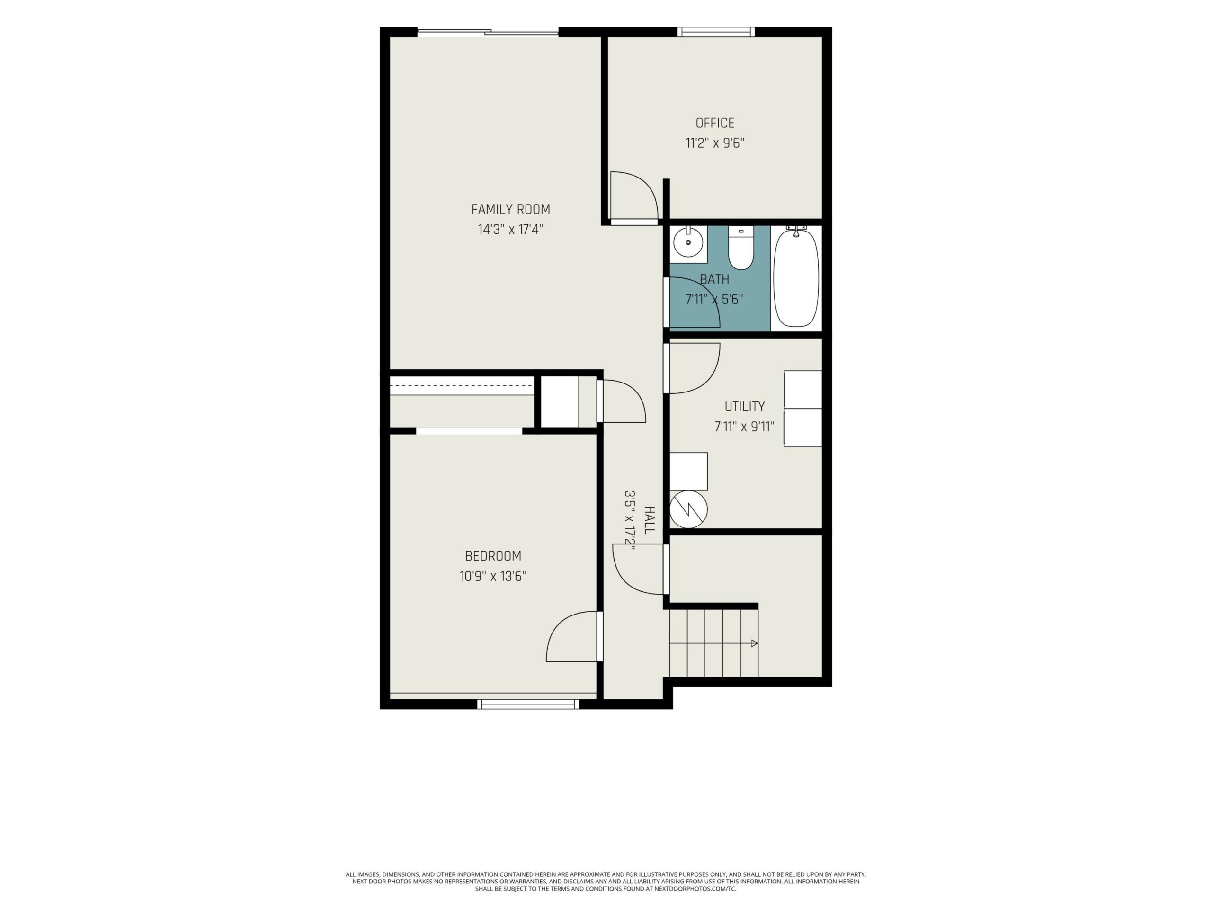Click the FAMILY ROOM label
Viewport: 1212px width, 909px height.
coord(511,209)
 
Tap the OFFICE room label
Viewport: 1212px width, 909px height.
coord(715,123)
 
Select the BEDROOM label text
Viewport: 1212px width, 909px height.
coord(493,556)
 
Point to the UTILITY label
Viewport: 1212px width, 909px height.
coord(745,407)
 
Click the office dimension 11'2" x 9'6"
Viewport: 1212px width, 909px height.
coord(715,143)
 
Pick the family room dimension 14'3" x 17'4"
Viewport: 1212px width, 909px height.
coord(511,229)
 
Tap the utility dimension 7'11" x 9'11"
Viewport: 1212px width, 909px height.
coord(745,426)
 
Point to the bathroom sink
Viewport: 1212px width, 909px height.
coord(688,241)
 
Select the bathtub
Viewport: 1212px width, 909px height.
coord(796,278)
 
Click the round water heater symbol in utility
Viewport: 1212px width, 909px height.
coord(689,509)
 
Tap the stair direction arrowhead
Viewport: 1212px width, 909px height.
coord(755,643)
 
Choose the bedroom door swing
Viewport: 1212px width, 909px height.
coord(559,624)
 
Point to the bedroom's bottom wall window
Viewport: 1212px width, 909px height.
coord(528,704)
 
